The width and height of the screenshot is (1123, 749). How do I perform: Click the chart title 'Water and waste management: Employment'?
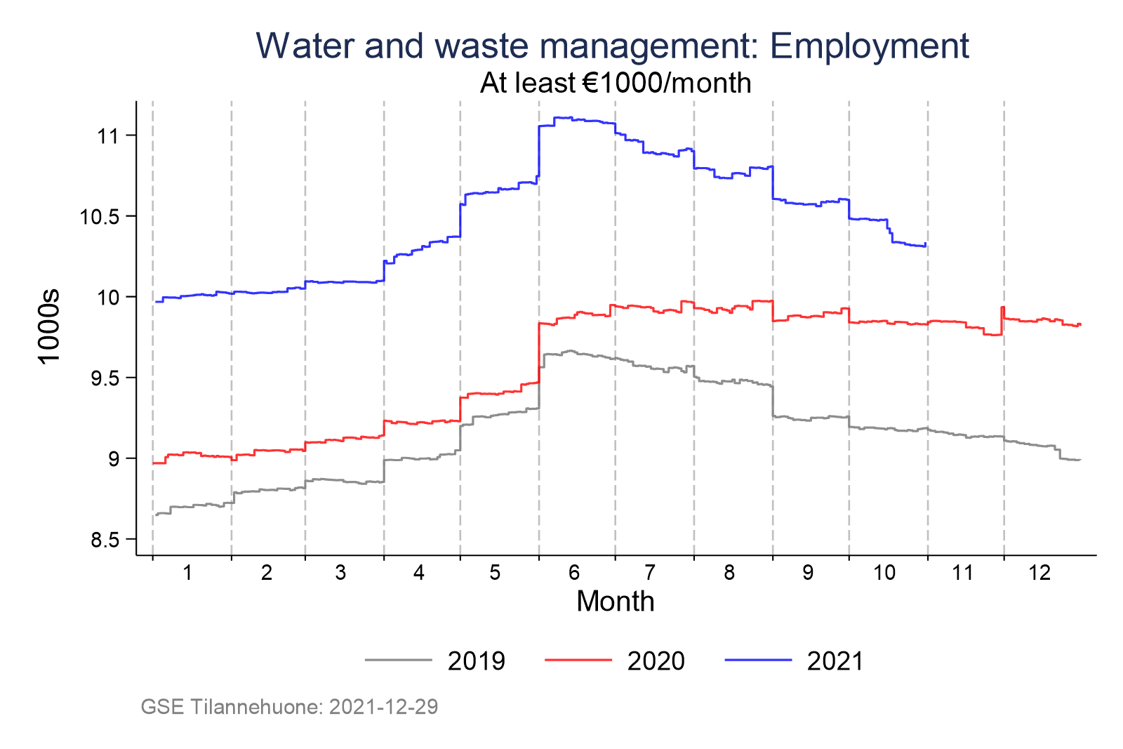pos(612,46)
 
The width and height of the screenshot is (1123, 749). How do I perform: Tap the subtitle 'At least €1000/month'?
pos(616,84)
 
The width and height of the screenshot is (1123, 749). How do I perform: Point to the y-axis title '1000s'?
pos(50,326)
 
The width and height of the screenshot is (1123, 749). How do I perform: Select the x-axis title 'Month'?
pos(615,602)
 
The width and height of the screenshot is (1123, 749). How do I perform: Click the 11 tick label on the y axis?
pos(107,135)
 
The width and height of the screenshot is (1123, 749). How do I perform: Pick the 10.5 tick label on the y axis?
pos(98,216)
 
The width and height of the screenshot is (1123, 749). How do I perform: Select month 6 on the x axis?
pos(574,573)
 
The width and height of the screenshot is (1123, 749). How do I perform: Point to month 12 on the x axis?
pos(1039,573)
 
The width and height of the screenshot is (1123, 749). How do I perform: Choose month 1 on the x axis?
pos(187,573)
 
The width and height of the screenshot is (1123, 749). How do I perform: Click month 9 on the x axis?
pos(808,573)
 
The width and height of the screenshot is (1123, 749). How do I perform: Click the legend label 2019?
pos(477,661)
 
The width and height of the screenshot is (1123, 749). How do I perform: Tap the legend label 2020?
pos(656,661)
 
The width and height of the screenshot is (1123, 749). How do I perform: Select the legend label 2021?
pos(835,661)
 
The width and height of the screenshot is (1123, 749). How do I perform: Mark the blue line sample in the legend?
pos(758,660)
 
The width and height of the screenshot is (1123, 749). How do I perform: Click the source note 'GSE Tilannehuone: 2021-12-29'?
pos(289,707)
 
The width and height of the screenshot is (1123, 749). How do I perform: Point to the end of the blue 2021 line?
pos(926,244)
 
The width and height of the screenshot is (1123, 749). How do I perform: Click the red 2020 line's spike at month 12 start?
pos(1002,307)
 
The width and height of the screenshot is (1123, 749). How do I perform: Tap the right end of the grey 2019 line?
pos(1079,460)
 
